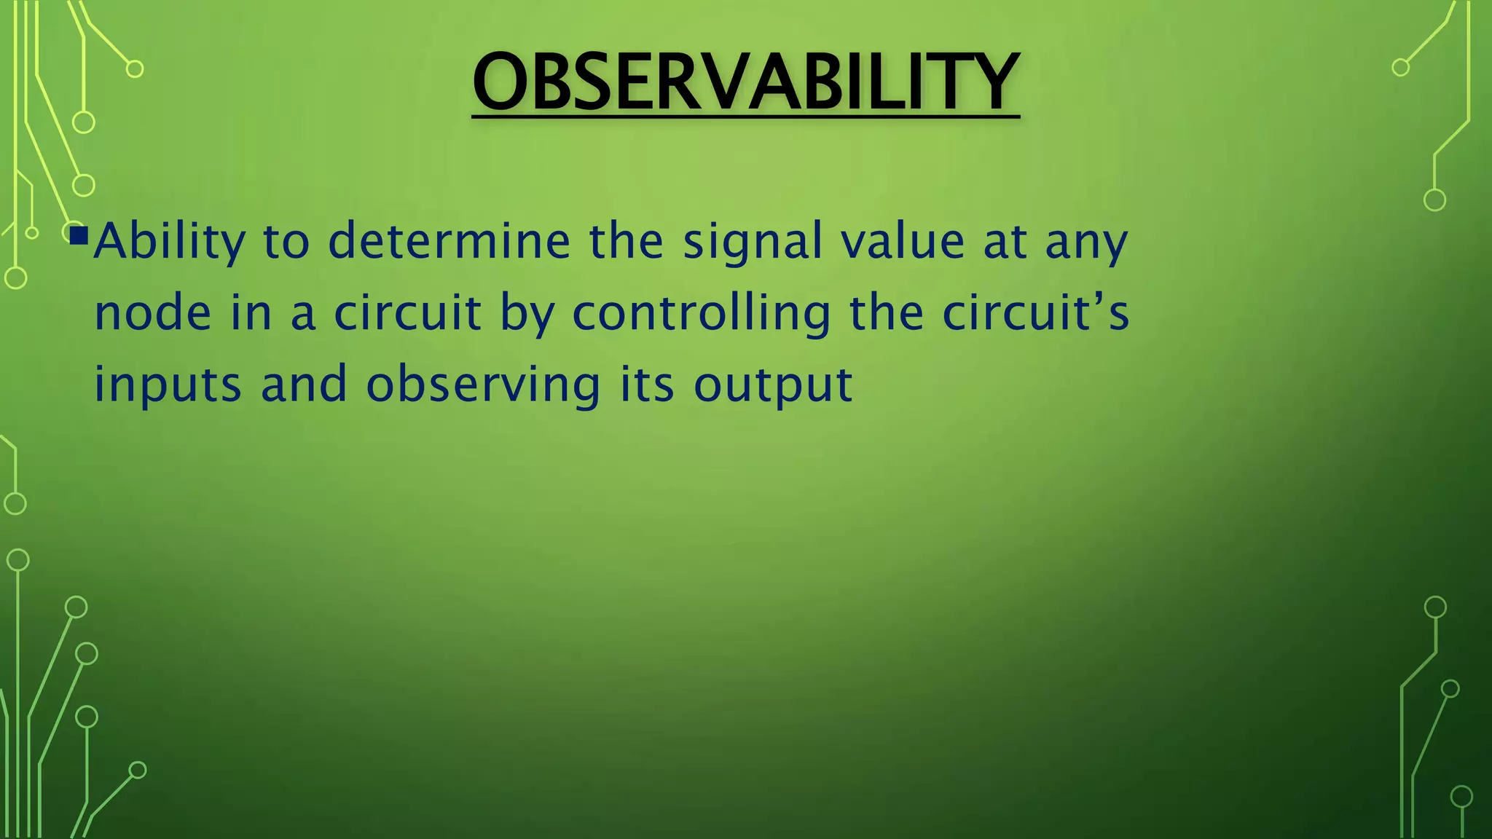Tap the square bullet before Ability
point(79,235)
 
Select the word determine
point(449,242)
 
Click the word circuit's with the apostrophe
point(1035,313)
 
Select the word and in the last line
point(304,385)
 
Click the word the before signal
point(626,242)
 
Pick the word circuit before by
point(407,313)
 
